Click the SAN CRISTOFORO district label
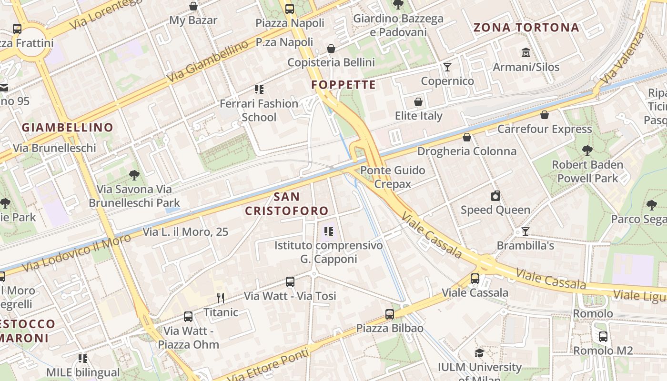tap(287, 203)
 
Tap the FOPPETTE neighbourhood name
tap(344, 85)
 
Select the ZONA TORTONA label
tap(526, 27)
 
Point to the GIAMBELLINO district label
tap(67, 127)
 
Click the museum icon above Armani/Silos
tap(526, 52)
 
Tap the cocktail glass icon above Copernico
tap(447, 67)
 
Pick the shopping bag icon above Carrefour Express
tap(545, 115)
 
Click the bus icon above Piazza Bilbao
tap(390, 314)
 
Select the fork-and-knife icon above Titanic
tap(221, 298)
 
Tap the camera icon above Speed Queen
tap(495, 196)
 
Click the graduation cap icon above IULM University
tap(479, 353)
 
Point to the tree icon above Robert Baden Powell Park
tap(587, 150)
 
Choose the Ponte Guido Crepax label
tap(393, 177)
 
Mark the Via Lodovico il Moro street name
tap(76, 253)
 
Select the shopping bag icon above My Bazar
tap(193, 6)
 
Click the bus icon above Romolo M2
tap(603, 337)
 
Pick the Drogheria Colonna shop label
tap(467, 151)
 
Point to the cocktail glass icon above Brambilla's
tap(526, 231)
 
